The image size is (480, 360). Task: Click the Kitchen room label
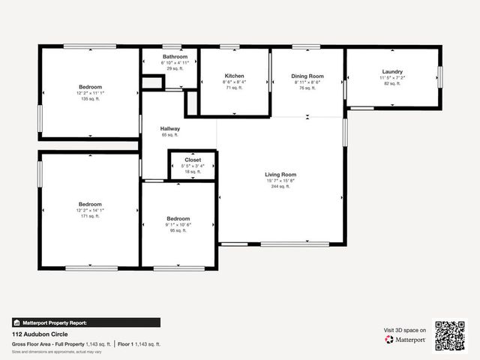pyautogui.click(x=235, y=76)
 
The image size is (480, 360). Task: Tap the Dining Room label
pyautogui.click(x=307, y=76)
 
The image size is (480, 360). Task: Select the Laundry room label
pyautogui.click(x=391, y=72)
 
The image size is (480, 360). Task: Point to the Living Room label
pyautogui.click(x=280, y=175)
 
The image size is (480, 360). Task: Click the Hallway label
pyautogui.click(x=170, y=128)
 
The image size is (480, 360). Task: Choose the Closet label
pyautogui.click(x=193, y=160)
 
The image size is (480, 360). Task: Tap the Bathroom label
pyautogui.click(x=175, y=57)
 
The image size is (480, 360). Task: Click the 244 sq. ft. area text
pyautogui.click(x=280, y=186)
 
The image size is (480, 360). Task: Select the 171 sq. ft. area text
pyautogui.click(x=90, y=216)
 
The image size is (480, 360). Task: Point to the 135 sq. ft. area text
pyautogui.click(x=90, y=98)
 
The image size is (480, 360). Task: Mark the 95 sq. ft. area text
pyautogui.click(x=178, y=230)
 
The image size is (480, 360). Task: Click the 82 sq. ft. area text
pyautogui.click(x=391, y=83)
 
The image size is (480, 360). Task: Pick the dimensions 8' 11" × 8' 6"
pyautogui.click(x=307, y=82)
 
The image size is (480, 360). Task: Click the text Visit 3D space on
pyautogui.click(x=405, y=330)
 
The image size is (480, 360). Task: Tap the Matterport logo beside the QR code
pyautogui.click(x=406, y=340)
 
